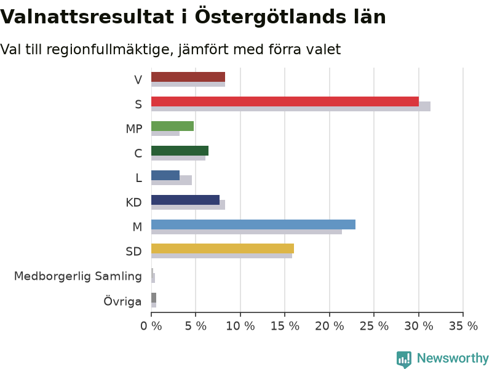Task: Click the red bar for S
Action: (x=285, y=101)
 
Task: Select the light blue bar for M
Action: (x=253, y=224)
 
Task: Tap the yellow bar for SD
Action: (x=223, y=248)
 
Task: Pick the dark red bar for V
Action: (x=188, y=77)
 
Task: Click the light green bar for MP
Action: (x=172, y=126)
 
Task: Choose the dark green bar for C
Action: (x=180, y=151)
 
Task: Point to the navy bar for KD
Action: (x=185, y=200)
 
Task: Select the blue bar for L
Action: (x=165, y=175)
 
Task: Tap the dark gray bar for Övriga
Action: (x=154, y=298)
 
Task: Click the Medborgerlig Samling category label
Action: (x=78, y=276)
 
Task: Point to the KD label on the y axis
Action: (x=133, y=202)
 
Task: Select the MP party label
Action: (x=134, y=129)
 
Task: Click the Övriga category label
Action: (x=122, y=301)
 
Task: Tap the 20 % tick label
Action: (x=330, y=327)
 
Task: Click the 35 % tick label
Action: (x=463, y=327)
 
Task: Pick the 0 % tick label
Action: (x=151, y=327)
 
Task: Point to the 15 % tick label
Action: (x=285, y=327)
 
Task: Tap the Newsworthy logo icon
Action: (x=404, y=359)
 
